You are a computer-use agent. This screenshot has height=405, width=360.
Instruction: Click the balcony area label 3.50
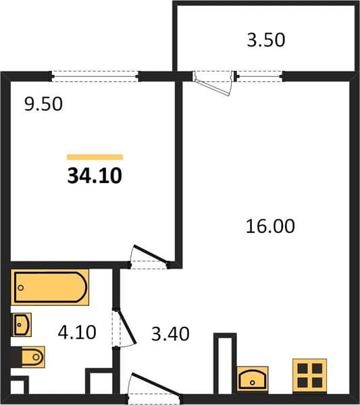266,40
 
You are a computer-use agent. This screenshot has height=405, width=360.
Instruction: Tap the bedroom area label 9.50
43,104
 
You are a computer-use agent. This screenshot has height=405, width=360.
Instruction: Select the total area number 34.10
95,176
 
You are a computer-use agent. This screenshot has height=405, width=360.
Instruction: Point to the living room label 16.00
270,226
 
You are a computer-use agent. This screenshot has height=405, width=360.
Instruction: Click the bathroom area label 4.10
77,332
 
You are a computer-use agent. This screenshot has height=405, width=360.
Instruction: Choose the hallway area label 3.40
170,334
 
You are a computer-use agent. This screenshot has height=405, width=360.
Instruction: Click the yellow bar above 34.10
95,157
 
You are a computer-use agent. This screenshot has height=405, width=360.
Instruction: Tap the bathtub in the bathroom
50,288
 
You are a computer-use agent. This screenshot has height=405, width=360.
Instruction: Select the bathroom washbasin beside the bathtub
21,325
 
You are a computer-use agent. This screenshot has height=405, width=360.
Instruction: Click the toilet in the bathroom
28,357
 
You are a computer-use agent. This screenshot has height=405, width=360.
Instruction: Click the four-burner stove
309,376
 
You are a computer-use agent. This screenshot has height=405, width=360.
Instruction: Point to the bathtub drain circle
21,288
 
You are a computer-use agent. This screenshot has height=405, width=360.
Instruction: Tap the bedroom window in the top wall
95,76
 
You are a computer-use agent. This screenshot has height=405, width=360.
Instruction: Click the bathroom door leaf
127,327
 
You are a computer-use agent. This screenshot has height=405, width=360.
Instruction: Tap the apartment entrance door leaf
156,383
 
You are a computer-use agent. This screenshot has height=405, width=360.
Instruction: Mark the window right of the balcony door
259,76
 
